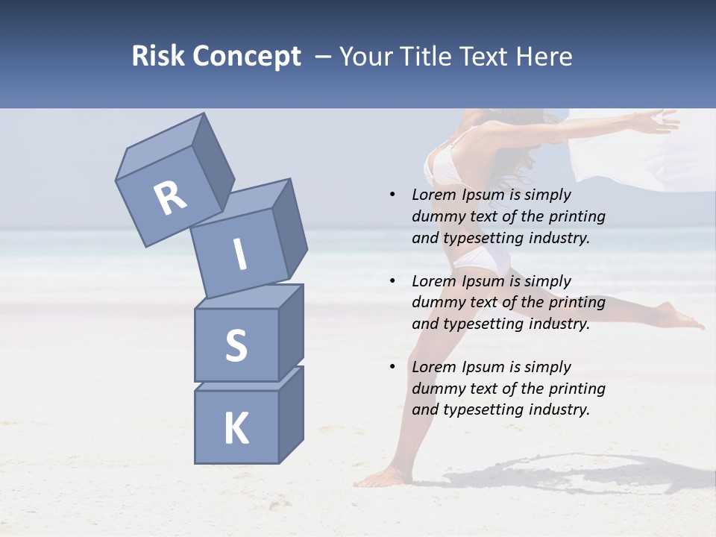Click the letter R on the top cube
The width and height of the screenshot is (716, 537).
171,198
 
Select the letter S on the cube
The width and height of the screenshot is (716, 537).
236,345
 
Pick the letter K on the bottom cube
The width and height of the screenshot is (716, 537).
236,429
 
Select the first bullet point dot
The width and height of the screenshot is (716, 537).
392,195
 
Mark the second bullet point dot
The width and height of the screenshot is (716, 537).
392,281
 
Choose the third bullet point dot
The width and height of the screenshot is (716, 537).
392,367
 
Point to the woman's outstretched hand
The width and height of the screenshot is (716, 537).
659,119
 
